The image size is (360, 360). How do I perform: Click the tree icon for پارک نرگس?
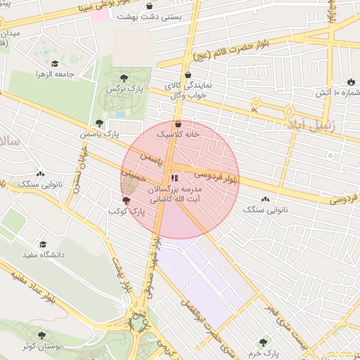[x=124, y=78]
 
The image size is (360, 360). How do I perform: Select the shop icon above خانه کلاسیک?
[x=178, y=124]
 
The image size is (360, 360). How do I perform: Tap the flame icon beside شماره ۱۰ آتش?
[x=351, y=82]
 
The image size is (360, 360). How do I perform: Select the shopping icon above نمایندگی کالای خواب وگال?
[x=187, y=75]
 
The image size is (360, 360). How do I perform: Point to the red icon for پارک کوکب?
[x=127, y=201]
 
